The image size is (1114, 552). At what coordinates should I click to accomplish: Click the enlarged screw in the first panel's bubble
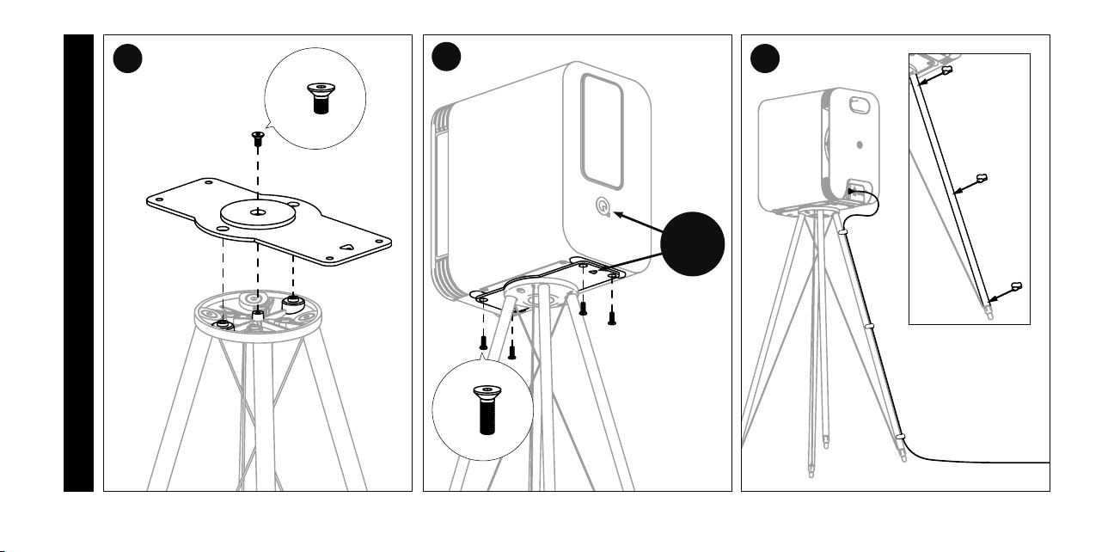tap(321, 100)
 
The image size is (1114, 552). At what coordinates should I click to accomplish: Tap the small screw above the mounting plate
tap(257, 136)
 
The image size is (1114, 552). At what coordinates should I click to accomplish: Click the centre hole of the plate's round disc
tap(258, 210)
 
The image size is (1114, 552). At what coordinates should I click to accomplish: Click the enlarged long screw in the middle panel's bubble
tap(483, 411)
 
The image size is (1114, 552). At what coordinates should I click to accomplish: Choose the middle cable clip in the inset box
tap(982, 181)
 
